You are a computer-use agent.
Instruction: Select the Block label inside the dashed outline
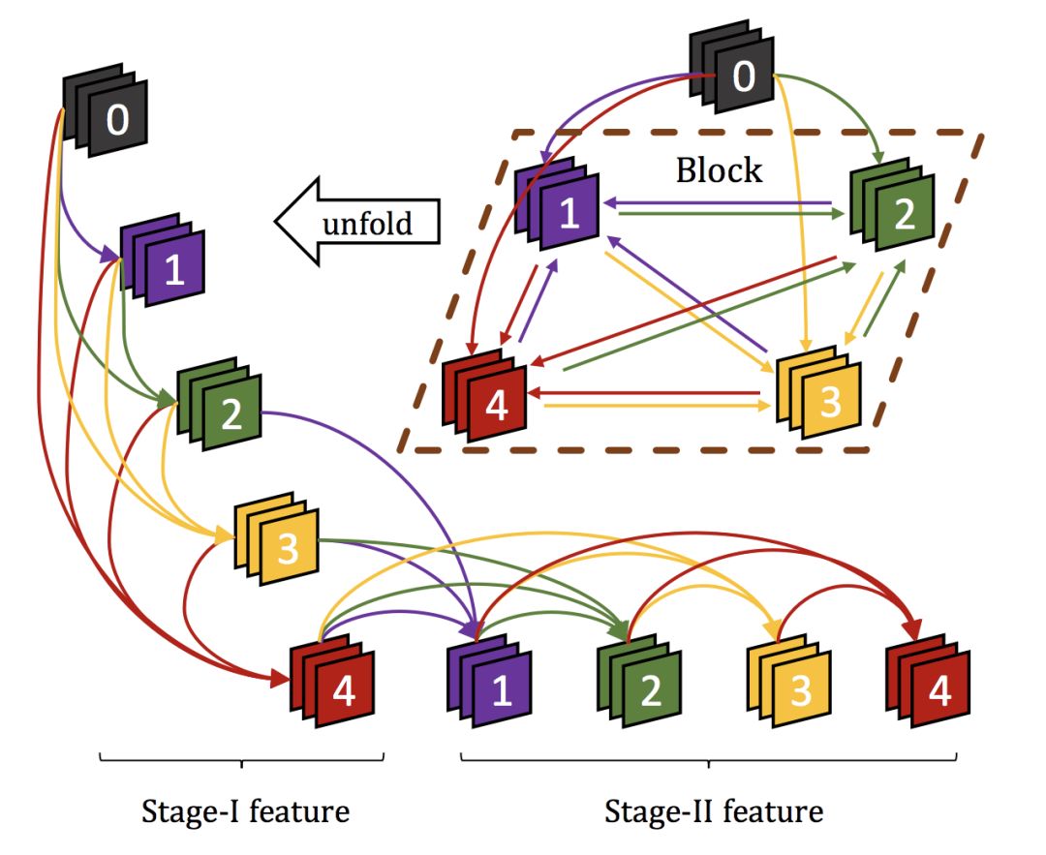pos(719,170)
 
